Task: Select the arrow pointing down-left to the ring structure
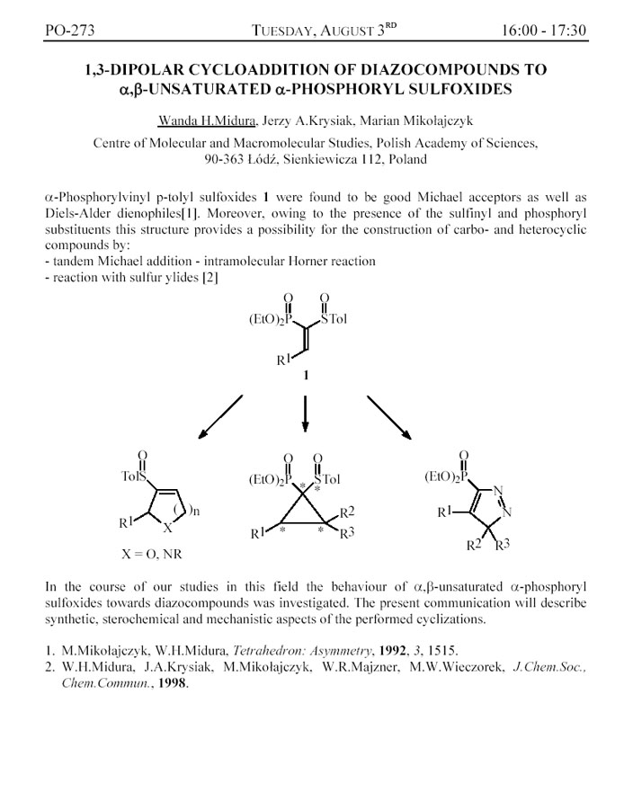pos(220,416)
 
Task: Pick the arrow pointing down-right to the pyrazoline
pos(389,416)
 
